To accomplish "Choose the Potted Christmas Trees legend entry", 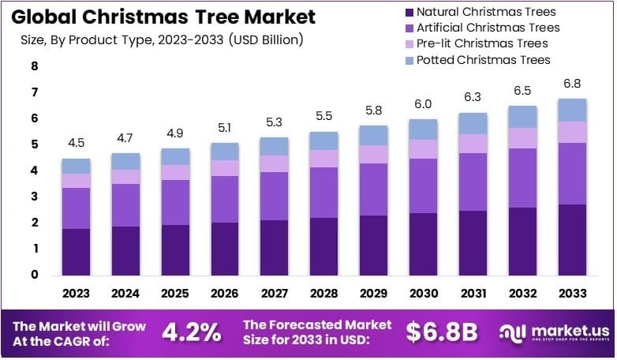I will [483, 59].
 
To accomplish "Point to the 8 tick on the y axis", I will [35, 67].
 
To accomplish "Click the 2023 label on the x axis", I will [77, 294].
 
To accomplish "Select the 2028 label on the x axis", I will [324, 294].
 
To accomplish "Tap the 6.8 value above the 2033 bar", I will [572, 84].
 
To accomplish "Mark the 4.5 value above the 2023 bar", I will [77, 143].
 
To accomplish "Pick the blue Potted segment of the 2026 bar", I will [225, 152].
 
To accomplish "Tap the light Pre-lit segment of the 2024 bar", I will [126, 176].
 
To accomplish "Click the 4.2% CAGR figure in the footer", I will [192, 332].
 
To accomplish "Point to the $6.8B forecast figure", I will [442, 332].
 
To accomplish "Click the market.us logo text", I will [564, 330].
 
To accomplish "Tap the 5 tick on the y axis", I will [35, 144].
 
